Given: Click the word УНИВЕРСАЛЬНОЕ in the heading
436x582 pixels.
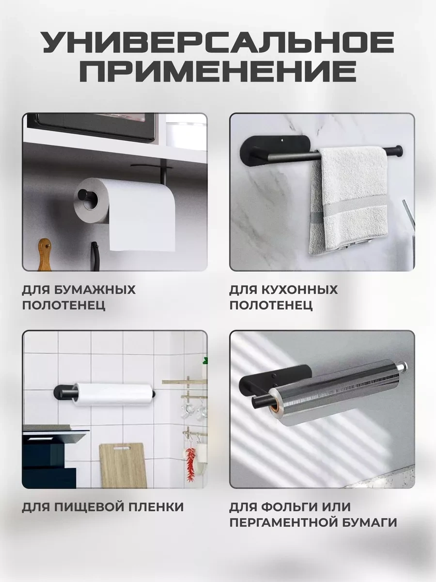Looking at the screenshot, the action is coord(218,42).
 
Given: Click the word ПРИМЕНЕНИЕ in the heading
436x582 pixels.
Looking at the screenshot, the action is coord(218,71).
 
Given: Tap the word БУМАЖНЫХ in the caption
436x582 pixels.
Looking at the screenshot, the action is coord(95,290).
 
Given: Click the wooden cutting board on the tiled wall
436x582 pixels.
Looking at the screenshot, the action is coord(123,465).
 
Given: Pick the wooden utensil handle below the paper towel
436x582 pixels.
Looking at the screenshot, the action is coord(45,254).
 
